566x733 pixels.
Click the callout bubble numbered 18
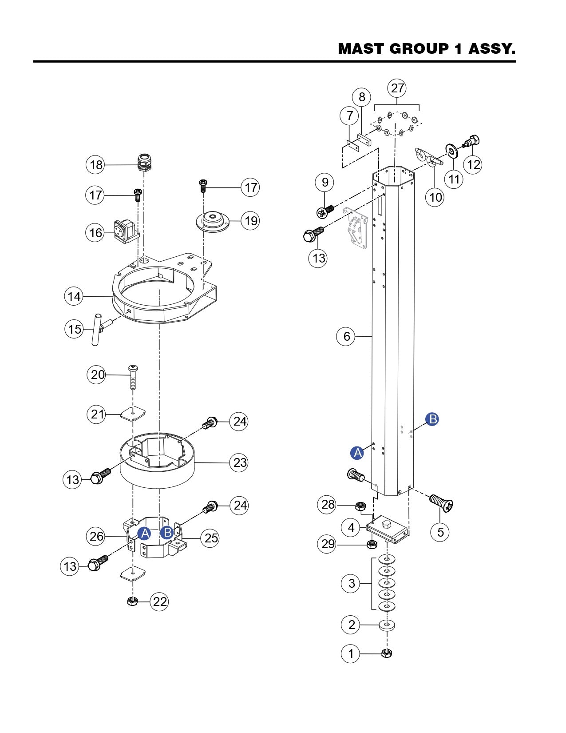click(95, 165)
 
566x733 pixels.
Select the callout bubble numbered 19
click(251, 220)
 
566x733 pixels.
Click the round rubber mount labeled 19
click(212, 221)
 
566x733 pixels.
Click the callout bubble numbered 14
click(74, 296)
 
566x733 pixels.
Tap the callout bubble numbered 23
click(240, 462)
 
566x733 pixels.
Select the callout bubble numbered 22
click(160, 601)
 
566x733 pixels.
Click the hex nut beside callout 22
click(132, 601)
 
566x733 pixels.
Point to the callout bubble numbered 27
click(397, 88)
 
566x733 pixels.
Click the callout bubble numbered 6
click(346, 336)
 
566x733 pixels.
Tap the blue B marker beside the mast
click(432, 419)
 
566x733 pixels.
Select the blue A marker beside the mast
click(357, 453)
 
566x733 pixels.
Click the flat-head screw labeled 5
click(442, 503)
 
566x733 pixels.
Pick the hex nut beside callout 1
click(387, 653)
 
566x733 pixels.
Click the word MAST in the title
click(361, 48)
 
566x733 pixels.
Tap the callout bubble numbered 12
click(473, 164)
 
